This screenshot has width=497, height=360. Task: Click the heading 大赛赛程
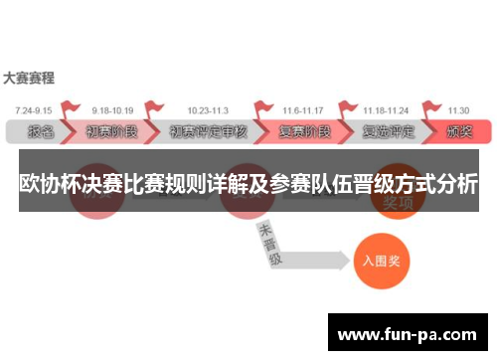[29, 76]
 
